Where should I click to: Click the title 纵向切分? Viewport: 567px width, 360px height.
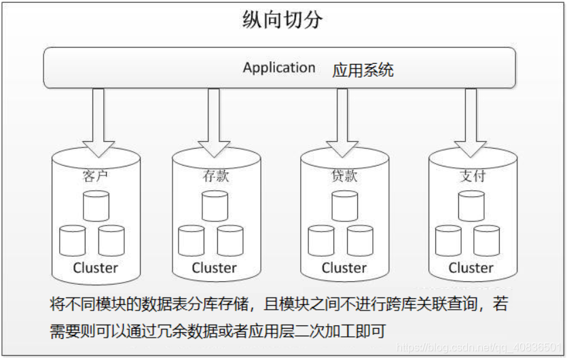click(x=282, y=20)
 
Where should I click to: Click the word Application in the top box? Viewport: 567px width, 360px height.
click(x=279, y=68)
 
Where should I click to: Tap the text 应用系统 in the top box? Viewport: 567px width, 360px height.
click(x=363, y=70)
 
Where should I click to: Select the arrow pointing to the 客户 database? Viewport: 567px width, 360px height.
click(x=98, y=123)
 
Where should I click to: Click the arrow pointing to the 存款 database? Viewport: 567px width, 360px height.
click(x=214, y=123)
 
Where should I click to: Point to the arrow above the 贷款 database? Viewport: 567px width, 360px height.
click(x=342, y=123)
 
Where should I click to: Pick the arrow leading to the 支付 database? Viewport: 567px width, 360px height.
click(x=471, y=123)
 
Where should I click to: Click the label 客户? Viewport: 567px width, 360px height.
click(x=96, y=176)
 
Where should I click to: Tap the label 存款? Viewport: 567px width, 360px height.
click(x=215, y=176)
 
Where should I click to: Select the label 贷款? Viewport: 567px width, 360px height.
click(x=344, y=176)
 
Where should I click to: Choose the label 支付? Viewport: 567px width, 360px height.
click(x=472, y=176)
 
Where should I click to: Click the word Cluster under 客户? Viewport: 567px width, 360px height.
click(x=96, y=268)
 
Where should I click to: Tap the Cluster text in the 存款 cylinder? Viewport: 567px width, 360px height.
click(x=214, y=268)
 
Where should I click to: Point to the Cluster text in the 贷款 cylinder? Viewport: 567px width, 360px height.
click(x=344, y=268)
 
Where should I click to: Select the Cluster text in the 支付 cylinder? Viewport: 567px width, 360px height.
click(x=471, y=268)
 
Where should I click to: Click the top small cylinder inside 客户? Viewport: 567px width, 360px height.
click(x=96, y=206)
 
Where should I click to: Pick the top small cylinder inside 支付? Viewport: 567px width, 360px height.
click(x=471, y=206)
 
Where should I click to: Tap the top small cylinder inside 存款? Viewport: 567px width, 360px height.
click(x=215, y=206)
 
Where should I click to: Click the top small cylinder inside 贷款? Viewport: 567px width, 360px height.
click(x=344, y=206)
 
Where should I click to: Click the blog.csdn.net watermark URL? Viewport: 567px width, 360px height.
click(x=479, y=348)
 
